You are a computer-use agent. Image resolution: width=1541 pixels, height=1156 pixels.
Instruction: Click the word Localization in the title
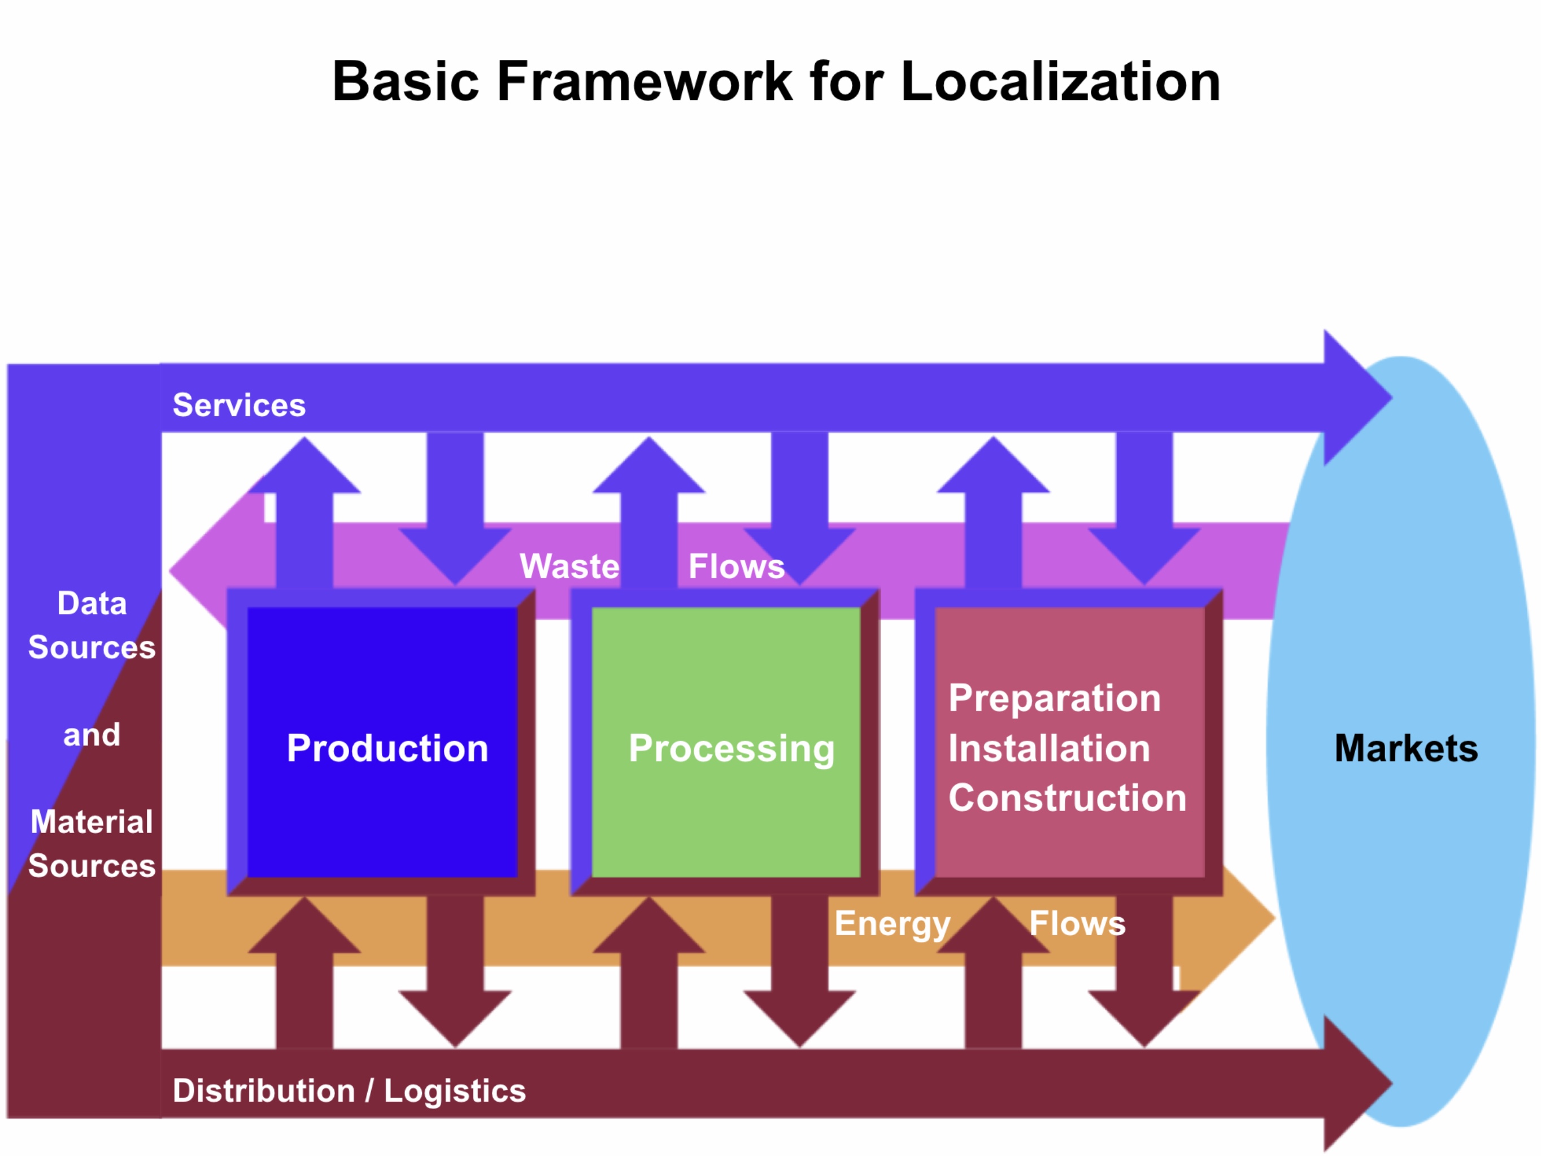(x=1060, y=81)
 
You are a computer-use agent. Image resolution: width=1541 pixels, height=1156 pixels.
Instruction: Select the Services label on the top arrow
(x=239, y=405)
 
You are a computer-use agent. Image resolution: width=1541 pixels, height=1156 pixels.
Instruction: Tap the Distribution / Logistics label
(x=349, y=1090)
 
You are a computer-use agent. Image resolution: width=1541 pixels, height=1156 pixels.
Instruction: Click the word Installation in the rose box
(x=1049, y=749)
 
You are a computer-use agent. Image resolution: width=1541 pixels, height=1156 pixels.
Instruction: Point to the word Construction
(x=1067, y=798)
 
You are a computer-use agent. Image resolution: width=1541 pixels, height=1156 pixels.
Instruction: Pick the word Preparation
(x=1055, y=698)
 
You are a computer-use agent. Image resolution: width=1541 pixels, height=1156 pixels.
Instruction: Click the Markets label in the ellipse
(x=1406, y=749)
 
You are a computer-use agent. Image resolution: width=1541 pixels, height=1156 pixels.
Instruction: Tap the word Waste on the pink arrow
(x=569, y=566)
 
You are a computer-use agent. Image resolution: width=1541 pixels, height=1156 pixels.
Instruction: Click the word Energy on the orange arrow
(x=893, y=924)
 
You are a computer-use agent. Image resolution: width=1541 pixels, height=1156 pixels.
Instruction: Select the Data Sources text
(x=92, y=625)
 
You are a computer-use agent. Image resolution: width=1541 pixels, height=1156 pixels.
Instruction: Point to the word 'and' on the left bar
(x=92, y=735)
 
